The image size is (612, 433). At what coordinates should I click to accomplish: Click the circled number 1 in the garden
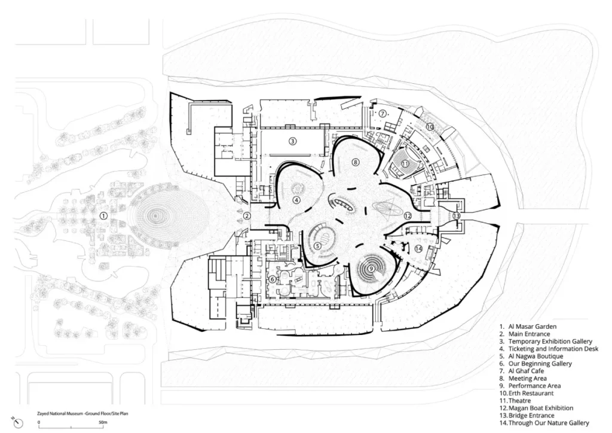[x=103, y=215]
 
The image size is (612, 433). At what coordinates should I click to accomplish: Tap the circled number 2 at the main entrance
[x=247, y=215]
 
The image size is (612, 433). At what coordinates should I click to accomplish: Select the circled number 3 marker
[x=293, y=141]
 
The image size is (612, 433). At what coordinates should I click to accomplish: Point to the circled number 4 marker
[x=296, y=200]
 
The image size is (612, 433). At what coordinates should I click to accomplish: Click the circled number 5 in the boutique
[x=317, y=246]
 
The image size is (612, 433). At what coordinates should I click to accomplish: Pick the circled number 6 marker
[x=273, y=279]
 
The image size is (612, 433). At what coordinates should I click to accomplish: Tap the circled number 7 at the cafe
[x=382, y=114]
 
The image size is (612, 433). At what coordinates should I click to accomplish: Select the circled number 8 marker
[x=355, y=161]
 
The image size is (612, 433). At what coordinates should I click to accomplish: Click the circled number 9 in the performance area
[x=371, y=269]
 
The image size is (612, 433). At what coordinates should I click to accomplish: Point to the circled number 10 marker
[x=430, y=127]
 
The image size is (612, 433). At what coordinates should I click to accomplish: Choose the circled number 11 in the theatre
[x=405, y=163]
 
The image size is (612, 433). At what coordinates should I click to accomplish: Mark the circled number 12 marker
[x=408, y=215]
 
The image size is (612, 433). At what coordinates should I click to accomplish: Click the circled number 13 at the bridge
[x=457, y=215]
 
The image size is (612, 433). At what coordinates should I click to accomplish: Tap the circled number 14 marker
[x=419, y=249]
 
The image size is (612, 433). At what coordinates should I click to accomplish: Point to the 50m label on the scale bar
[x=103, y=422]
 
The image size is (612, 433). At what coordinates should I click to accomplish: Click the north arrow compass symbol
[x=18, y=422]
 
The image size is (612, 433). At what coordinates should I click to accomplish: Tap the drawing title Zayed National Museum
[x=60, y=413]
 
